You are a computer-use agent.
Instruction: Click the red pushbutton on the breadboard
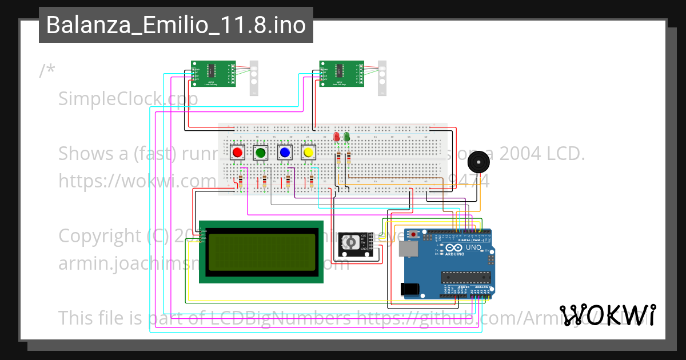click(237, 153)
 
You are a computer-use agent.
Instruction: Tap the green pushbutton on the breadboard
click(261, 153)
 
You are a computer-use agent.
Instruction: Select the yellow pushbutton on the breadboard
click(309, 153)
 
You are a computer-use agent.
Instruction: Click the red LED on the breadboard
click(336, 137)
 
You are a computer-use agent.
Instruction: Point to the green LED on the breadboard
click(347, 137)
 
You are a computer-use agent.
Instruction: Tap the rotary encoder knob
click(349, 243)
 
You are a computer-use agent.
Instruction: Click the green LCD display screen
click(261, 251)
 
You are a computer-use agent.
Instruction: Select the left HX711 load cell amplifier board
click(213, 74)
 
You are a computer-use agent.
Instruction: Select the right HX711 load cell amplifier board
click(341, 74)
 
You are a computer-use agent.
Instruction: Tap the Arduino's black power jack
click(409, 290)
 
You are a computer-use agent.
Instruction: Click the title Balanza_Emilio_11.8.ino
click(176, 25)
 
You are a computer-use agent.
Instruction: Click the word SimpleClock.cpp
click(128, 99)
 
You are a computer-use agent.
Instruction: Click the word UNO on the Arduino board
click(473, 248)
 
